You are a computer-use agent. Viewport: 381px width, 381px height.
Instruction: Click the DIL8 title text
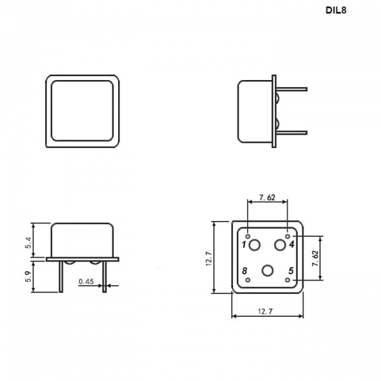[x=336, y=10]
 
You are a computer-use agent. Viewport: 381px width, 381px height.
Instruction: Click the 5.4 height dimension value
[x=29, y=243]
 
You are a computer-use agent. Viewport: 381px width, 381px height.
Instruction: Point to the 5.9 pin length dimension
[x=29, y=276]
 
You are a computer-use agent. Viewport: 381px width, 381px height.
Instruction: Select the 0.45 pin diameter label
[x=86, y=281]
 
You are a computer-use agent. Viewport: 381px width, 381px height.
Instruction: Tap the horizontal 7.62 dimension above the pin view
[x=267, y=197]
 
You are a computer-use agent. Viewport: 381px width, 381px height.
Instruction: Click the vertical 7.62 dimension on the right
[x=315, y=258]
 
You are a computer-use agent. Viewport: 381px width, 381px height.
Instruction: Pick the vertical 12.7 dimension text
[x=209, y=258]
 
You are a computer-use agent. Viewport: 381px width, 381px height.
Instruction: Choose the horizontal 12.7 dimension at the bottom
[x=265, y=311]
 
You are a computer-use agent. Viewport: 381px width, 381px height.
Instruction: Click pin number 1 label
[x=244, y=244]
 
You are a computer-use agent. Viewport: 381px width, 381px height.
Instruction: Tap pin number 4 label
[x=291, y=244]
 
